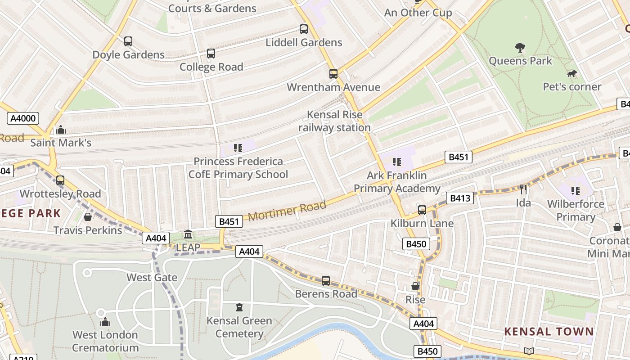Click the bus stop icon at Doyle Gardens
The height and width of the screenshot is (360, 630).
[x=128, y=41]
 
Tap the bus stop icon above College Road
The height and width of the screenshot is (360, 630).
[x=211, y=54]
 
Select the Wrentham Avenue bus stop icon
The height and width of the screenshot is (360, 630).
[x=333, y=74]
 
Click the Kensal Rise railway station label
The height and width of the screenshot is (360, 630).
[x=334, y=121]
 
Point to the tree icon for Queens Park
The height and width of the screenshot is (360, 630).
[x=520, y=48]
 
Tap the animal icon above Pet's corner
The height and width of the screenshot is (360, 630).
[x=572, y=74]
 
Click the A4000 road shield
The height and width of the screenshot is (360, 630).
[x=23, y=118]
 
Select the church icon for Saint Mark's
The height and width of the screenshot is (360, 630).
[x=61, y=130]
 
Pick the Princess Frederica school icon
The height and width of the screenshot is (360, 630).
[x=238, y=148]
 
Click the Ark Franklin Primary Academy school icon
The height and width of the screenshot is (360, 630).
[x=396, y=162]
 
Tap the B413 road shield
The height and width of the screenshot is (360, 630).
[x=460, y=198]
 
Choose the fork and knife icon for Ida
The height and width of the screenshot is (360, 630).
[x=523, y=189]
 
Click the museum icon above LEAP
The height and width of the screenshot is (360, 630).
[x=188, y=234]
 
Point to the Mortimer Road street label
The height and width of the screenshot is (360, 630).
[x=287, y=211]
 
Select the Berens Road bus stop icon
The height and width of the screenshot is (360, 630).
[x=326, y=281]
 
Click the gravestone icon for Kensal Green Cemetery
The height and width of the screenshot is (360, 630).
[x=239, y=308]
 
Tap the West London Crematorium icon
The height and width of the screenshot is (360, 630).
[x=105, y=322]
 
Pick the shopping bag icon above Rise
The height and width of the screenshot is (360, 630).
[x=415, y=287]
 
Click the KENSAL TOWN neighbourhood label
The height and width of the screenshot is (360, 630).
[x=549, y=332]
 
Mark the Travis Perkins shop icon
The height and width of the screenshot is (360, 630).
[x=88, y=217]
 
